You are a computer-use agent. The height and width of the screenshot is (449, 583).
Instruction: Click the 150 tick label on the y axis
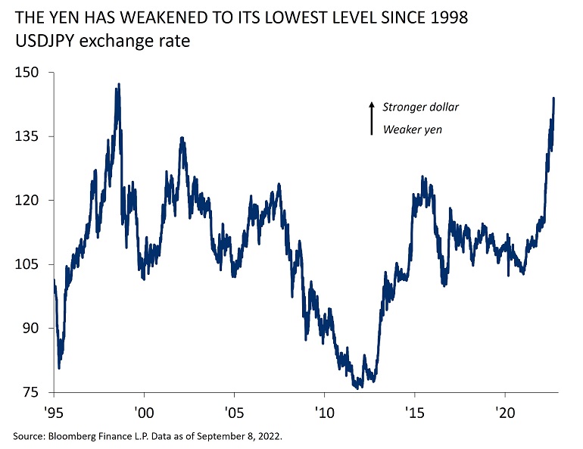coord(27,73)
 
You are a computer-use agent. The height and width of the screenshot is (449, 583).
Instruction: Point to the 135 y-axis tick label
coord(27,136)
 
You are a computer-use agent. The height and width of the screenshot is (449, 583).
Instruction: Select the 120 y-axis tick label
coord(27,201)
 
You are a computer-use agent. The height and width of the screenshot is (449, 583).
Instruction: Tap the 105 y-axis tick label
coord(27,264)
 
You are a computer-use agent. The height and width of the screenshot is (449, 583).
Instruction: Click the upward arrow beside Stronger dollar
coord(372,118)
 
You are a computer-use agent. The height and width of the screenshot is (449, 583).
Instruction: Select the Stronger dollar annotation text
coord(420,107)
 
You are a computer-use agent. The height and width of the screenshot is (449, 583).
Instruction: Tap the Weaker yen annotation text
coord(412,129)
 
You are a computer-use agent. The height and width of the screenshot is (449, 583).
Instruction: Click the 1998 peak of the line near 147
coord(117,86)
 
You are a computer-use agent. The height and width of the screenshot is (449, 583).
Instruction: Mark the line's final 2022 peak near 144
coord(553,98)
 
